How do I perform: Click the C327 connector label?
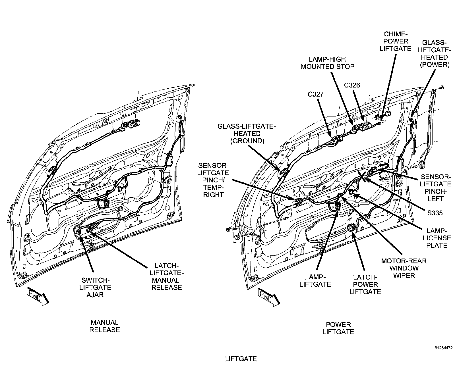[x=316, y=94]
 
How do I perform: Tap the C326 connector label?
[x=352, y=85]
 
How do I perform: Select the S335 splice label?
[x=435, y=213]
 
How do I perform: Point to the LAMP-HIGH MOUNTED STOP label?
[x=328, y=63]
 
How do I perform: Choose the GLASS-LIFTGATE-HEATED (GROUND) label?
[x=247, y=134]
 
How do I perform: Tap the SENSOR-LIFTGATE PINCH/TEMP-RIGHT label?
[x=214, y=180]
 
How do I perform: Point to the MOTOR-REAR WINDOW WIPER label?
[x=404, y=268]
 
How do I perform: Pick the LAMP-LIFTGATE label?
[x=315, y=280]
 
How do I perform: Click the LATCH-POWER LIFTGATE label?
[x=365, y=284]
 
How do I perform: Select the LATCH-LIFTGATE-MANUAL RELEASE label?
[x=167, y=276]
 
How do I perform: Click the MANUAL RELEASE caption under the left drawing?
[x=105, y=326]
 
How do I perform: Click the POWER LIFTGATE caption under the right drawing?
[x=338, y=328]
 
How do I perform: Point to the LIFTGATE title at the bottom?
[x=241, y=359]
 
